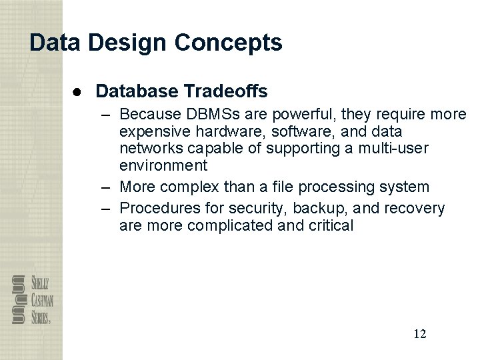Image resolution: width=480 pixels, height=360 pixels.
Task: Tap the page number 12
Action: (419, 333)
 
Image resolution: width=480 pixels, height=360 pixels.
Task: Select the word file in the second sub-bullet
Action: (311, 186)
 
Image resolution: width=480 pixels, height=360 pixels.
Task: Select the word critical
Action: (330, 225)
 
